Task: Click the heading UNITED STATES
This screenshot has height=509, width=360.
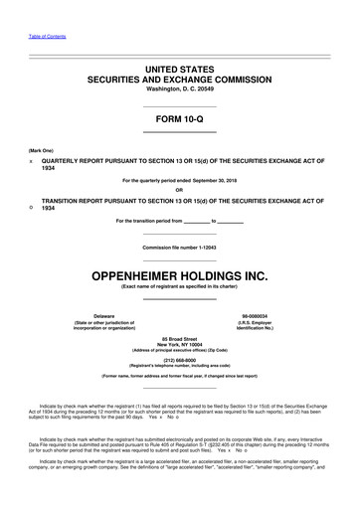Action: tap(180, 65)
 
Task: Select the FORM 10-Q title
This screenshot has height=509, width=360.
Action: tap(180, 120)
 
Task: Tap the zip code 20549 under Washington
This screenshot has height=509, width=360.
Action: tap(206, 86)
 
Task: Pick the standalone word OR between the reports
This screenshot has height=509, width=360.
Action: tap(179, 190)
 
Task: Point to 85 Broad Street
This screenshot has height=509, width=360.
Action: tap(180, 340)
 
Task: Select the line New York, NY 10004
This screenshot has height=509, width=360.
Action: tap(180, 347)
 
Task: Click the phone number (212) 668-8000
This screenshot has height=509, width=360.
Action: tap(180, 362)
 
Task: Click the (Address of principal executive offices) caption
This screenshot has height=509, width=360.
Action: tap(180, 353)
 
